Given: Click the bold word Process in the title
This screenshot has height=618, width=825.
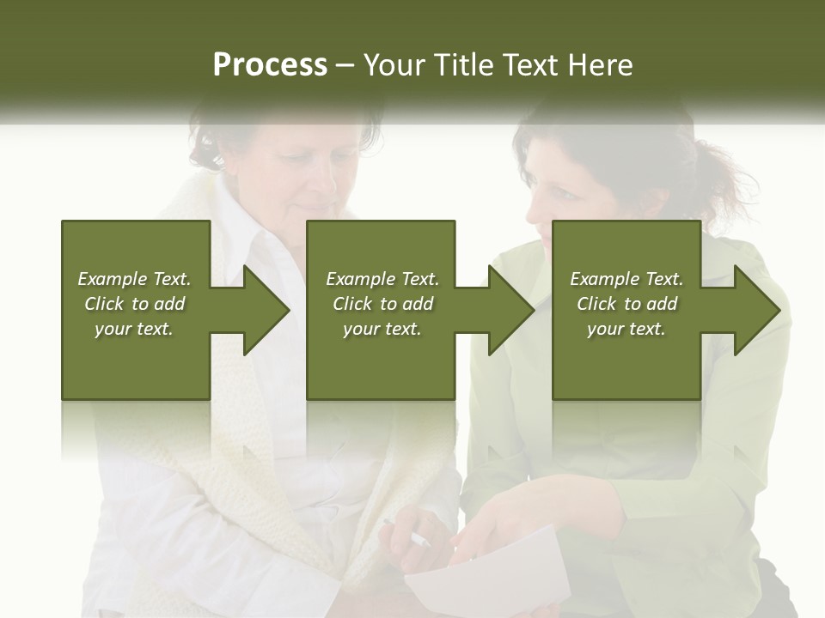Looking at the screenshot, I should click(x=270, y=65).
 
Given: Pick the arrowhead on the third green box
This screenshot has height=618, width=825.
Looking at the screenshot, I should click(x=753, y=310).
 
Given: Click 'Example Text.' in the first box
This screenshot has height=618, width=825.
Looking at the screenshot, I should click(x=134, y=279).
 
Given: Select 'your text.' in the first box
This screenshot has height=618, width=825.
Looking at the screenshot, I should click(x=134, y=329).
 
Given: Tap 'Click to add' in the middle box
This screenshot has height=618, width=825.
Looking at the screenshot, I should click(x=382, y=304).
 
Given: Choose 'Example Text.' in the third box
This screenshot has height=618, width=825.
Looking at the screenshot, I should click(x=626, y=279).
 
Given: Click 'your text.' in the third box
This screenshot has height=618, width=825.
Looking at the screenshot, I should click(x=626, y=329).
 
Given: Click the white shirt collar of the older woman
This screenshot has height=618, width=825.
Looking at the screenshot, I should click(x=249, y=227).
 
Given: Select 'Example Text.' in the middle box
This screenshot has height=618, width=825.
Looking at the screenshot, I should click(x=382, y=279).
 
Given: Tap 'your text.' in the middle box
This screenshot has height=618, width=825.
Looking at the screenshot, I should click(x=382, y=329).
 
